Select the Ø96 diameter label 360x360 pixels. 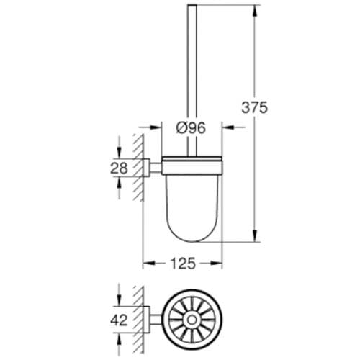192,128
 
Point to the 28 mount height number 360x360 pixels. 120,168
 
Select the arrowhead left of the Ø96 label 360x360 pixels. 161,128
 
